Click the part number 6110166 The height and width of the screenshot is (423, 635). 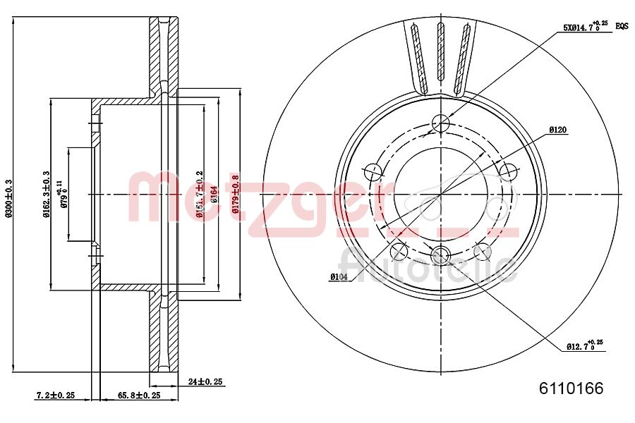coord(571,388)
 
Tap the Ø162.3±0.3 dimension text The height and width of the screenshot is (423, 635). coord(46,194)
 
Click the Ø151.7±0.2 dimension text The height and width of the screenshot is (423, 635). coord(200,194)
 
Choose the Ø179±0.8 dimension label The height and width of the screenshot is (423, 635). coord(236,194)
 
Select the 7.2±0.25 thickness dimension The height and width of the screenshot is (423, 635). coord(55,396)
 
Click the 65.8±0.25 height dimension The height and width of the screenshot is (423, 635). coord(138,396)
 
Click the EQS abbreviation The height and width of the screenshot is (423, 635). coord(621,26)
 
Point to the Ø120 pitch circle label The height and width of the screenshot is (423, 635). coord(558,130)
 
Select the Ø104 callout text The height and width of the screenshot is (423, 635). coord(339,277)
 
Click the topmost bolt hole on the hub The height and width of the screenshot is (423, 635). coord(440,123)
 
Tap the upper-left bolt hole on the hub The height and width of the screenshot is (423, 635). coord(373,171)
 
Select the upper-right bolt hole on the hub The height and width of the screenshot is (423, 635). coord(507,171)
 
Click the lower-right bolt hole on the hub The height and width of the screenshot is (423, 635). coord(483,250)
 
